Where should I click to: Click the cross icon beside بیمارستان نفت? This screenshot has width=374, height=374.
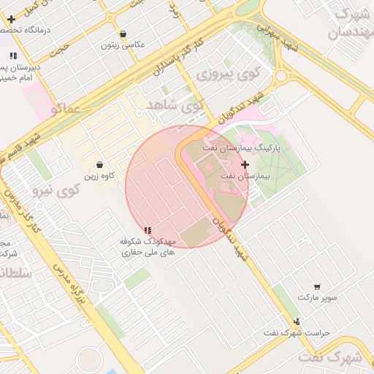245,165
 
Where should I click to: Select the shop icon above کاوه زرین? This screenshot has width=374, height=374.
99,164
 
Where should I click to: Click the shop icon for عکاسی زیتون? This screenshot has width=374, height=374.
123,34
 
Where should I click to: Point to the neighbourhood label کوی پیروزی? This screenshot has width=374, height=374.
229,73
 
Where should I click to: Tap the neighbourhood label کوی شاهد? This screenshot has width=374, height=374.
174,105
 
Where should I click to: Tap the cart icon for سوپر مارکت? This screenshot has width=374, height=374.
317,287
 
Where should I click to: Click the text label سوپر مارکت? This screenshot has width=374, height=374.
317,297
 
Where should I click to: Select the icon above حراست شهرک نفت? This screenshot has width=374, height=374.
297,321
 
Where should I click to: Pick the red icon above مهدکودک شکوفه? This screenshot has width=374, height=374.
148,230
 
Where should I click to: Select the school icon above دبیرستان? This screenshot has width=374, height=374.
13,56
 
